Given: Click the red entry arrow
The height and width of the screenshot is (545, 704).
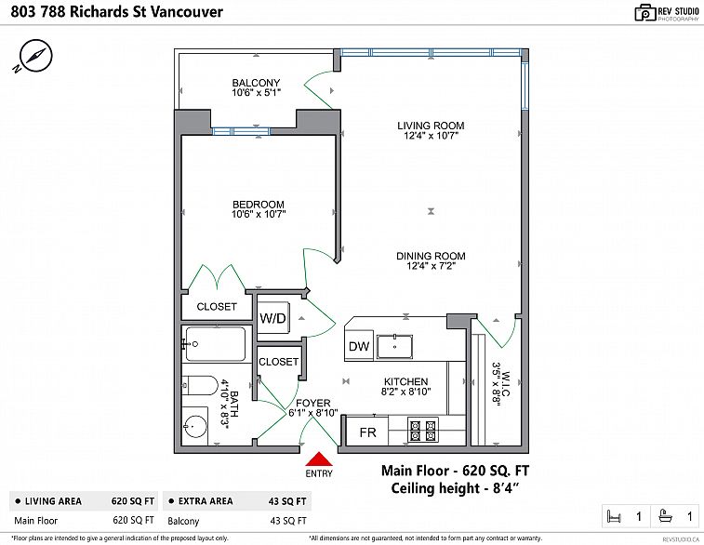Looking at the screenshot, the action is [319, 459].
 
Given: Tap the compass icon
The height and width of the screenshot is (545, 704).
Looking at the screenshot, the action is [34, 56].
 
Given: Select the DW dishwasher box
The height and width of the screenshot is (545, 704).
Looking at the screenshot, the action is [359, 346].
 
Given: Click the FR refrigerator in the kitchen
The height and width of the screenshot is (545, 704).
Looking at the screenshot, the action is [367, 432].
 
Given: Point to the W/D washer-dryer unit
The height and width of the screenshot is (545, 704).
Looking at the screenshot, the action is [273, 318].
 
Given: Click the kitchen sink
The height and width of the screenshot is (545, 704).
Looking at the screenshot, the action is [394, 347].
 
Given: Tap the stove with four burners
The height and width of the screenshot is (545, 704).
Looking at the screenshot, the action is [423, 430].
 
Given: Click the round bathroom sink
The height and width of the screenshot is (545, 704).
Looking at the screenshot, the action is [195, 426].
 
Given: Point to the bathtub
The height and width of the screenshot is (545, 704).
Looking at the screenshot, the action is [216, 344].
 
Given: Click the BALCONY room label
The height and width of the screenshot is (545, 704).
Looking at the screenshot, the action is [256, 83].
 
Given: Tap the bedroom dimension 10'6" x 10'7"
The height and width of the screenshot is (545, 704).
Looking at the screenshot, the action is [259, 215].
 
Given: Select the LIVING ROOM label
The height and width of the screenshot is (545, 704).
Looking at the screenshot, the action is [431, 126].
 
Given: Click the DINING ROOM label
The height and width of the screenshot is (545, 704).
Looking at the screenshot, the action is [431, 256].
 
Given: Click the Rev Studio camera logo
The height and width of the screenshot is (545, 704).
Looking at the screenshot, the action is [645, 13].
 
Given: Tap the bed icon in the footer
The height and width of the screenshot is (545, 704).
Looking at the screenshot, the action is [613, 516].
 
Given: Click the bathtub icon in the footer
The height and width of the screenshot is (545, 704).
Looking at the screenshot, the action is [666, 515].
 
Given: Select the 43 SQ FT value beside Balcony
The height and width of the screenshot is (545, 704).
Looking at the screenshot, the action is [288, 521].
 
